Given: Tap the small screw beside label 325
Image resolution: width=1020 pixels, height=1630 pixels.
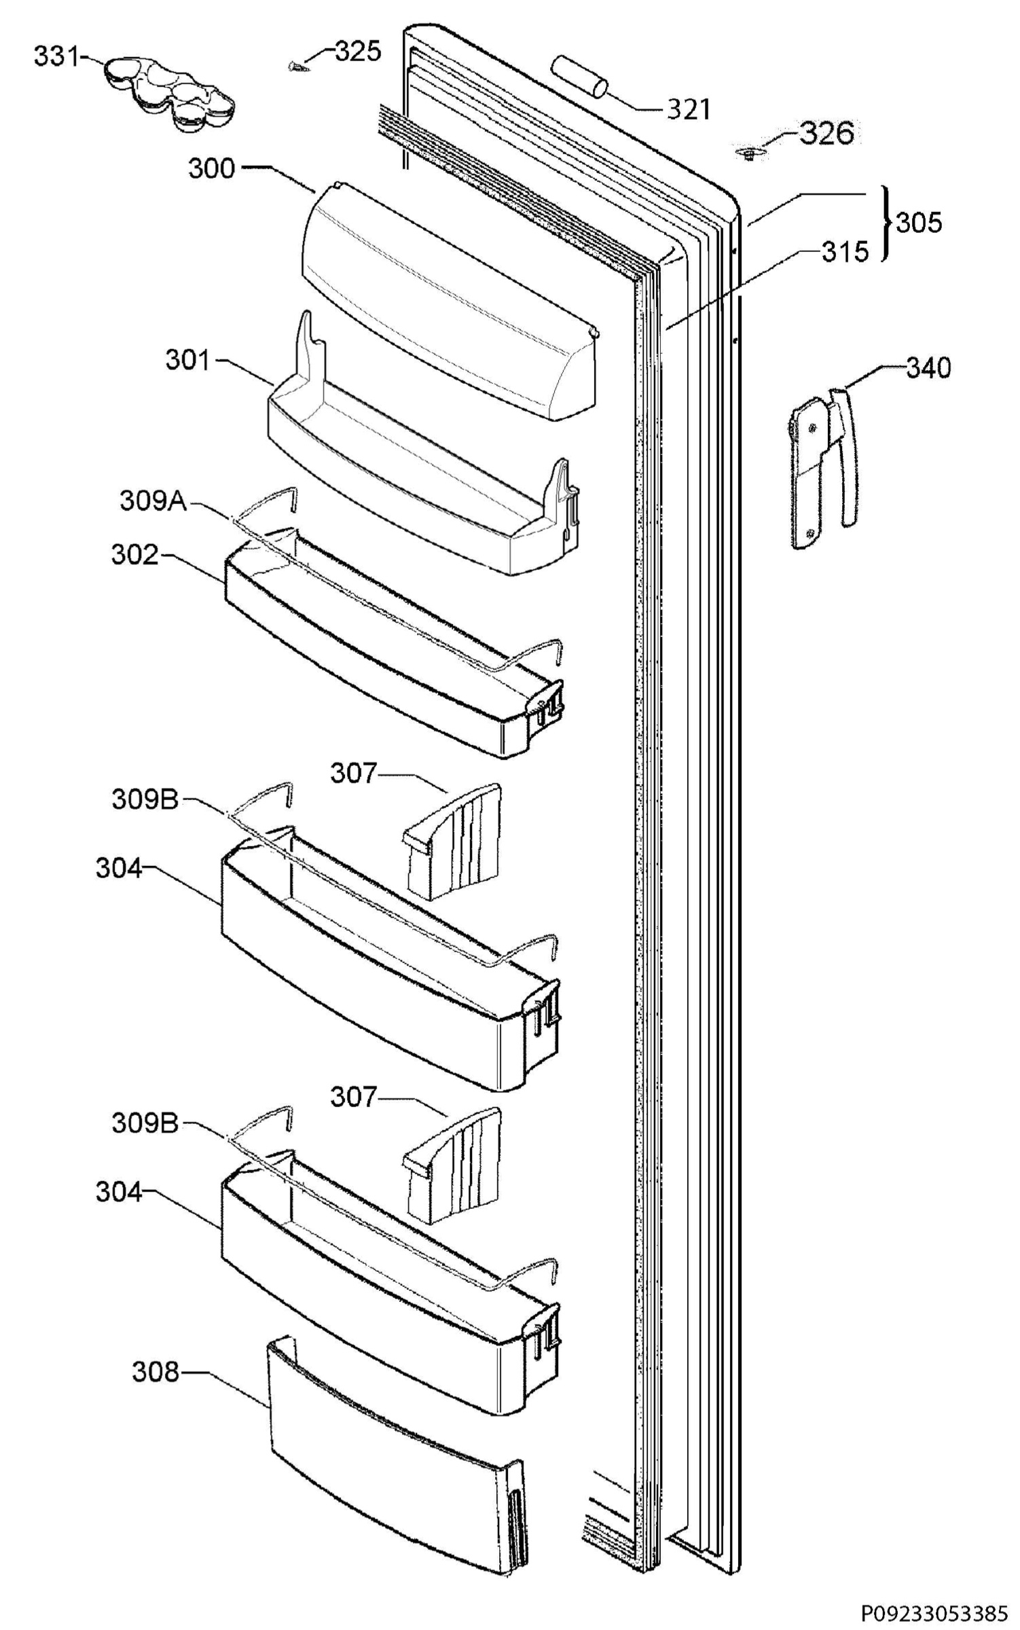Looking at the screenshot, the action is coord(297,66).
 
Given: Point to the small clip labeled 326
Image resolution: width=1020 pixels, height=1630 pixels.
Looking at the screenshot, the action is coord(749,154).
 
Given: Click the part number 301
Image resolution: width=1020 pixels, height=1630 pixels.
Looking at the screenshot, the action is coord(188,360).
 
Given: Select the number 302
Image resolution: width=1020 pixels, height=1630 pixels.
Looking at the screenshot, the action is coord(134,555).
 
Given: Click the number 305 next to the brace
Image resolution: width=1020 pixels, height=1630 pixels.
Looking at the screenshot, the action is coord(919,223).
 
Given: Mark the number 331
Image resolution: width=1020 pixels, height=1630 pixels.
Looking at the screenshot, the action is coord(57,57).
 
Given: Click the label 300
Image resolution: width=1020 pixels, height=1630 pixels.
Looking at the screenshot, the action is coord(211,168).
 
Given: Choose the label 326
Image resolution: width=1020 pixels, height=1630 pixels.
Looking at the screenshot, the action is coord(826,134).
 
